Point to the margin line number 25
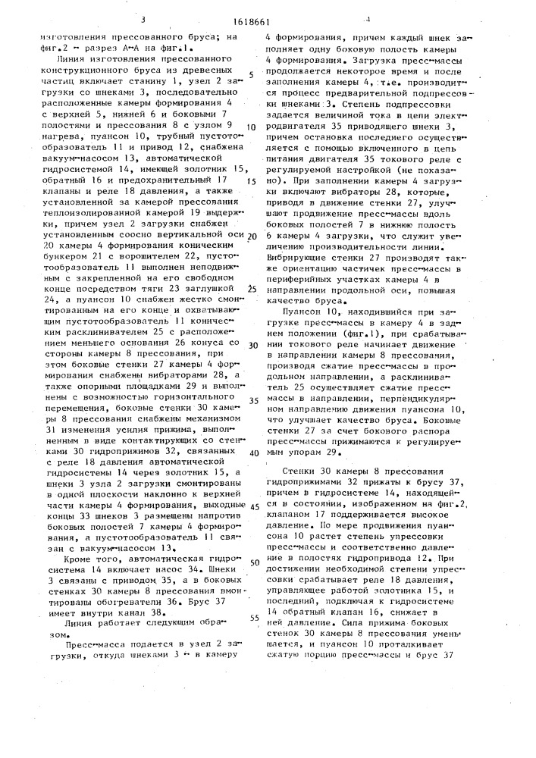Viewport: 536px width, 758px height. (x=252, y=289)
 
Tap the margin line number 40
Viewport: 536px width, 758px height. (x=252, y=453)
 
